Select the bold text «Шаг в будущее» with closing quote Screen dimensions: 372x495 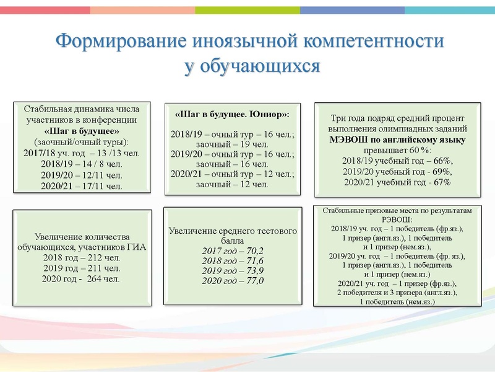[82, 131]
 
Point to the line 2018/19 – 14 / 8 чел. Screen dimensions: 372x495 [82, 164]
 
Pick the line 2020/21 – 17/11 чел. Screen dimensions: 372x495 [82, 185]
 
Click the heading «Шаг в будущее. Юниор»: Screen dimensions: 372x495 [232, 115]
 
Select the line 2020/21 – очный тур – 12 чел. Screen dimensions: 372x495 [232, 175]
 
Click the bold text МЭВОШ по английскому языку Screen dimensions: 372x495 [397, 139]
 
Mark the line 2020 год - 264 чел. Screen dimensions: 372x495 [82, 278]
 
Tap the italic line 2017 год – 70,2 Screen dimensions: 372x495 [232, 250]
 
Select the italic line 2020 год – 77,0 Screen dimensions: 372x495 [232, 281]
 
